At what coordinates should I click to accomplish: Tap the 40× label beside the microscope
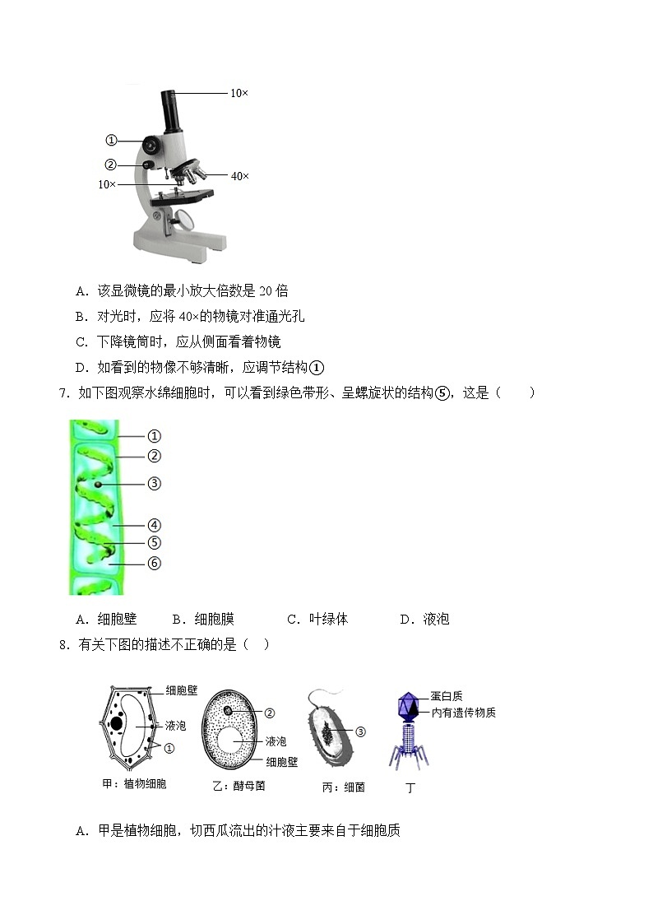(x=239, y=175)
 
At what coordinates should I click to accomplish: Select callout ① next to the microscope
(x=112, y=140)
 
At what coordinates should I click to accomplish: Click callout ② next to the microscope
(x=112, y=164)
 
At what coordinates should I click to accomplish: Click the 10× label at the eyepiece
(x=239, y=93)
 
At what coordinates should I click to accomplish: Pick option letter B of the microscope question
(x=81, y=316)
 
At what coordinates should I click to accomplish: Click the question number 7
(x=64, y=392)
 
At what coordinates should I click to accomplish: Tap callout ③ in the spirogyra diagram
(x=154, y=484)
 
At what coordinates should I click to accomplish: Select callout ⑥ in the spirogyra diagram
(x=154, y=564)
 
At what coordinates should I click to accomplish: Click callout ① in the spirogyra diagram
(x=154, y=436)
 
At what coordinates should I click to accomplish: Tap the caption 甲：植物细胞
(x=134, y=783)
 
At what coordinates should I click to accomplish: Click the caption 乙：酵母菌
(x=238, y=786)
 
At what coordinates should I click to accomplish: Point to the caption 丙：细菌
(x=344, y=787)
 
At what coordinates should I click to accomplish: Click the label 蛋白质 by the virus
(x=447, y=696)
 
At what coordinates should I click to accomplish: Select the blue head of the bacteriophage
(x=409, y=706)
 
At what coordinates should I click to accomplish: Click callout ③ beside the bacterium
(x=359, y=731)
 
